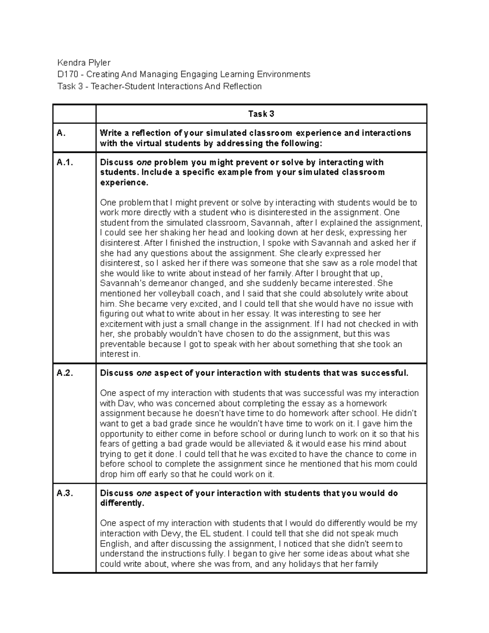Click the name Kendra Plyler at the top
84,62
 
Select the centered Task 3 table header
261,114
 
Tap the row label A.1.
65,163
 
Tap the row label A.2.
65,373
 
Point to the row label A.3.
65,494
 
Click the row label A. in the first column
61,133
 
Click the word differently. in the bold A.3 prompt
122,503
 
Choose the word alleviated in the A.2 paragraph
265,444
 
